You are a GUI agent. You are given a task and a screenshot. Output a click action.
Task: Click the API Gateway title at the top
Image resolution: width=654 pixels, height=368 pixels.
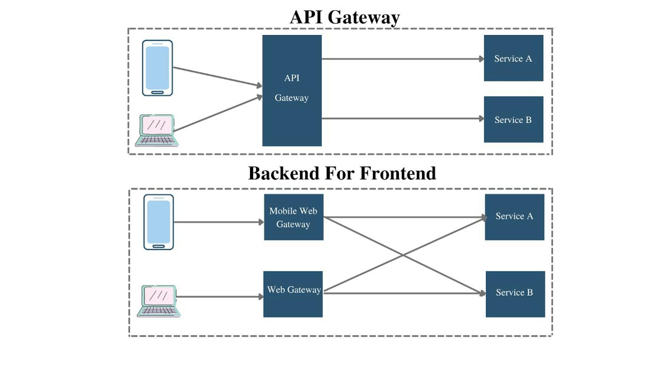pos(345,17)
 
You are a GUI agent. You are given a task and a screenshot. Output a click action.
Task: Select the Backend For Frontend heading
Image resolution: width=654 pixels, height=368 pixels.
pos(342,173)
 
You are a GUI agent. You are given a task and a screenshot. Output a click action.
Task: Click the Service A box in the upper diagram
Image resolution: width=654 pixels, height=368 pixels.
pos(513,58)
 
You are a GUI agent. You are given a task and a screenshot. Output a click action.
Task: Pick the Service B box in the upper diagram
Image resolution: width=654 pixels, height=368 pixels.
pos(513,119)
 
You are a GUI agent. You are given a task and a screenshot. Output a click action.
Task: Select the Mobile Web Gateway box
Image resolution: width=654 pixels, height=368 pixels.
pos(293,217)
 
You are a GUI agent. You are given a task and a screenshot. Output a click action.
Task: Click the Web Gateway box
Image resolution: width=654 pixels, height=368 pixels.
pos(293,294)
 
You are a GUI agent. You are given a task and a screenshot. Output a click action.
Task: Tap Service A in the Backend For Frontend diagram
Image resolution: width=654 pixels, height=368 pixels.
pos(514,217)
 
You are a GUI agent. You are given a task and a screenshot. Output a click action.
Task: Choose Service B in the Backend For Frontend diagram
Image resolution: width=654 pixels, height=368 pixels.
pos(515,294)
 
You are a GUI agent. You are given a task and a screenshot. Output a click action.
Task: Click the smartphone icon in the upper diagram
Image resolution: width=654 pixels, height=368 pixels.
pos(157,68)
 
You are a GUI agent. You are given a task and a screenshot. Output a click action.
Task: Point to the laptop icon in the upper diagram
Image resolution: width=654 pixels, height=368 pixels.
pos(157,131)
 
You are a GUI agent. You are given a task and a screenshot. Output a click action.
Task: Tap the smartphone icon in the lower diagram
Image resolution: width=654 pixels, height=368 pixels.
pos(158,222)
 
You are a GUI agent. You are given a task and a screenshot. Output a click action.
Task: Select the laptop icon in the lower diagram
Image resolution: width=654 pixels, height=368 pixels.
pos(159,301)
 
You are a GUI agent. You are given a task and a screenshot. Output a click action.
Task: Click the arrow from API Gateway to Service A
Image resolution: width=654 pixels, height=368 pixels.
pos(402,59)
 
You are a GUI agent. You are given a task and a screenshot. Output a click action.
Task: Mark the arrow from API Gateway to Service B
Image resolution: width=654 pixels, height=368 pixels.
pos(402,119)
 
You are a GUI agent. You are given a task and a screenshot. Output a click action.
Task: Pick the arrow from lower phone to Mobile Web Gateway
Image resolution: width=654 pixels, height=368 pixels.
pos(218,222)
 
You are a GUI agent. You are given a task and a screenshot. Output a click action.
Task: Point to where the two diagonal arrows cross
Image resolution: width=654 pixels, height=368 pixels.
pos(403,255)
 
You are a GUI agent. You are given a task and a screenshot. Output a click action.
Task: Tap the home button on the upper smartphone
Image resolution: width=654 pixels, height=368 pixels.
pos(157,92)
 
